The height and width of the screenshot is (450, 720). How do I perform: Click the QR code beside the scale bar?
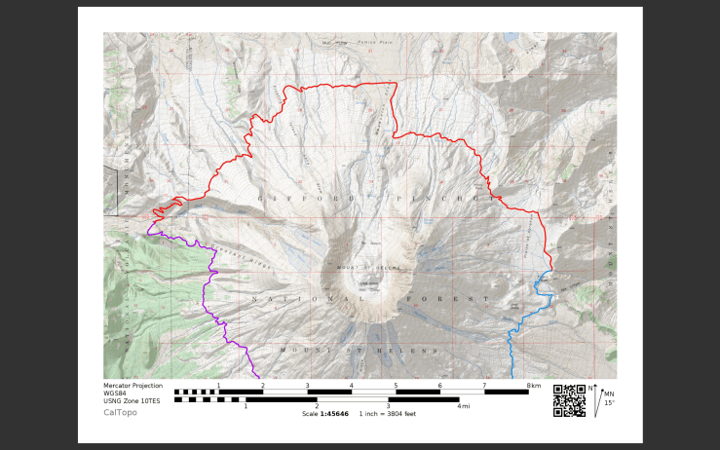[570, 400]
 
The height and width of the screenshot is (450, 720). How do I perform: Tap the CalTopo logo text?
[120, 412]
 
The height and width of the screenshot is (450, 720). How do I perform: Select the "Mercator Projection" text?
[133, 386]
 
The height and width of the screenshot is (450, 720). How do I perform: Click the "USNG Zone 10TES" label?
[133, 400]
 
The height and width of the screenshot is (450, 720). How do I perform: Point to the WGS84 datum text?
[116, 394]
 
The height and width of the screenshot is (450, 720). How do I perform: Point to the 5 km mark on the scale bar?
[396, 386]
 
